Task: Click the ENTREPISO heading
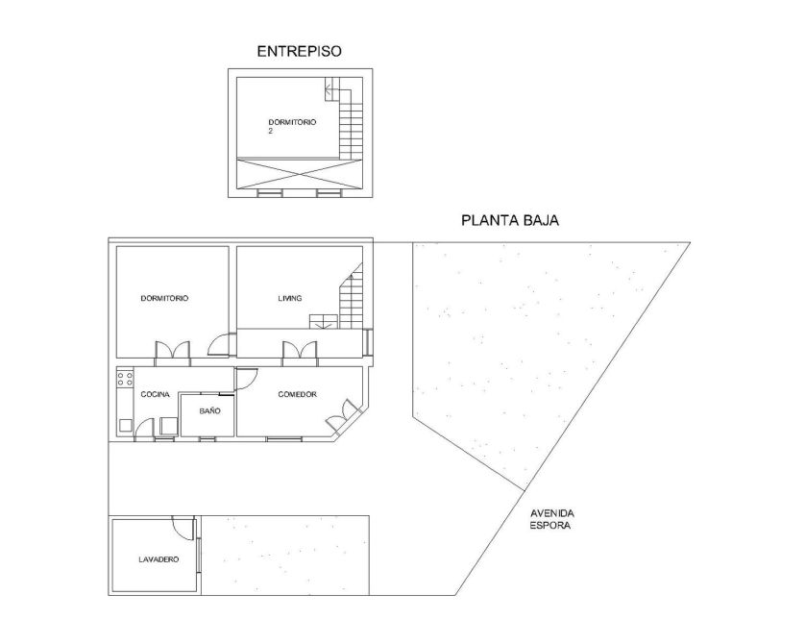[x=299, y=51]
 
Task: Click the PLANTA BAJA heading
[x=510, y=220]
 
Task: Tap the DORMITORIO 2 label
[x=292, y=126]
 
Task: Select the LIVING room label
[x=289, y=298]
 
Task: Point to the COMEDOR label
[x=297, y=394]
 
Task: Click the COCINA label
[x=155, y=394]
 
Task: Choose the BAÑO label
[x=210, y=410]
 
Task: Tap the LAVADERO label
[x=159, y=559]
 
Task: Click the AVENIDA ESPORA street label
[x=552, y=519]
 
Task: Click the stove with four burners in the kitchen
[x=125, y=379]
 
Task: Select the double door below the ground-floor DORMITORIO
[x=173, y=354]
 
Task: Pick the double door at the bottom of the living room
[x=300, y=354]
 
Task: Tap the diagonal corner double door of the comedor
[x=343, y=415]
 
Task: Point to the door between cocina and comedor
[x=245, y=380]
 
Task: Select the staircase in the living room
[x=341, y=298]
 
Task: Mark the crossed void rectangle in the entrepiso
[x=300, y=174]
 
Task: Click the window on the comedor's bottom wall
[x=284, y=439]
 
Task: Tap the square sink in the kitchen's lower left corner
[x=126, y=426]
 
